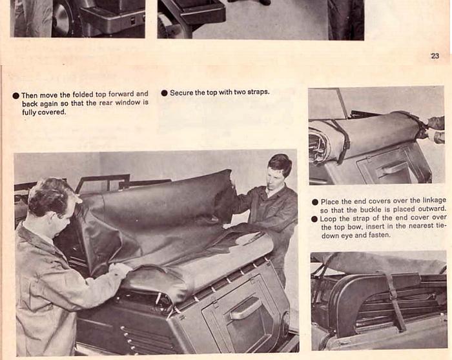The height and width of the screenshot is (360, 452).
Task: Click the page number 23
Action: click(x=435, y=55)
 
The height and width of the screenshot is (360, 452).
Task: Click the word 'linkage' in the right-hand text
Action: click(x=435, y=201)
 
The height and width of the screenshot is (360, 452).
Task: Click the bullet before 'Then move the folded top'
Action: click(x=16, y=95)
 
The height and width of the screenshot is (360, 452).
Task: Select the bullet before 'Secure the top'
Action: click(x=164, y=93)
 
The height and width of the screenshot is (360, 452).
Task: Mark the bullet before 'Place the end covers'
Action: click(x=315, y=202)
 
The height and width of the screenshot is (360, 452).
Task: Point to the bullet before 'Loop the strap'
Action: click(x=315, y=219)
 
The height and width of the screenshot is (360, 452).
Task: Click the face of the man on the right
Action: click(x=274, y=177)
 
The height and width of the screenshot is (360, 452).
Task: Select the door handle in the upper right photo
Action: click(x=391, y=169)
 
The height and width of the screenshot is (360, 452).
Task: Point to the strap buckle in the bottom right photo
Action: click(x=393, y=294)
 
